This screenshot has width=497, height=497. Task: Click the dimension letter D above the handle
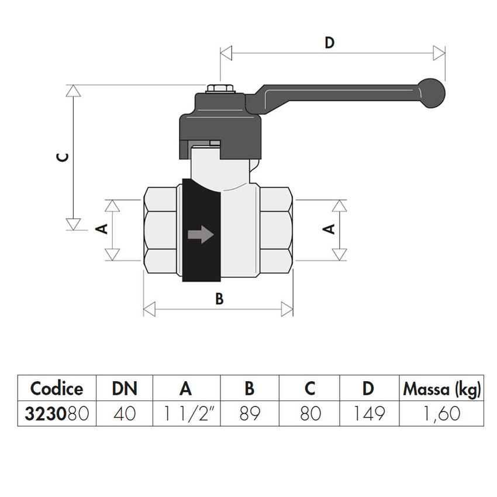[330, 43]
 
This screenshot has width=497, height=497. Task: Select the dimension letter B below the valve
[219, 299]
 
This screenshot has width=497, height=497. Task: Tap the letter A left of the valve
[101, 229]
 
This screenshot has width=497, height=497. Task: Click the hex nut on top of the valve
[220, 90]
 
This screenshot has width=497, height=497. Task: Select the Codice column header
[57, 388]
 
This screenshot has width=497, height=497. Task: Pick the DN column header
[124, 388]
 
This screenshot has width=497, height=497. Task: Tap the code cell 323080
[57, 413]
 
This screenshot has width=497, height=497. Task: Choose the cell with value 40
[124, 413]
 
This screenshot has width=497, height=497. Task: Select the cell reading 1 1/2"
[187, 413]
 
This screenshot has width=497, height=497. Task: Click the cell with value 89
[250, 413]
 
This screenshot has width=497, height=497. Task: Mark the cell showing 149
[369, 413]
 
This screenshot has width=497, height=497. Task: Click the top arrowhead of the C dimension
[73, 91]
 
